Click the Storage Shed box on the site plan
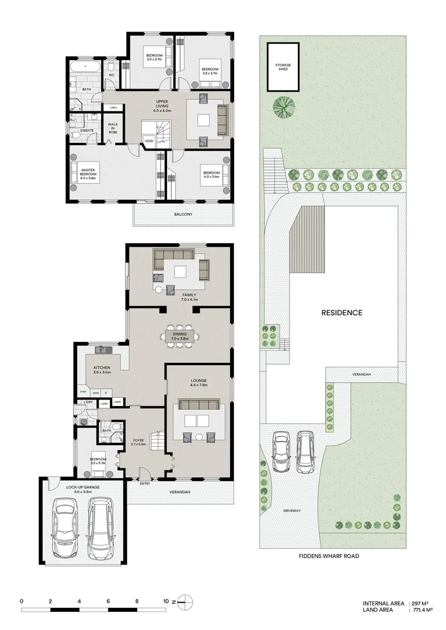[x=283, y=68]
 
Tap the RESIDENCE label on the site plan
[x=342, y=313]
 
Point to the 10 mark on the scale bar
[x=166, y=600]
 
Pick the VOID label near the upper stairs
[x=149, y=141]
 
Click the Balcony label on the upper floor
[x=183, y=214]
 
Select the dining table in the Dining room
[x=182, y=335]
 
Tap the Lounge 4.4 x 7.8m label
[x=198, y=383]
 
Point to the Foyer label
[x=138, y=441]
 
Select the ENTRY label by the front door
[x=145, y=484]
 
